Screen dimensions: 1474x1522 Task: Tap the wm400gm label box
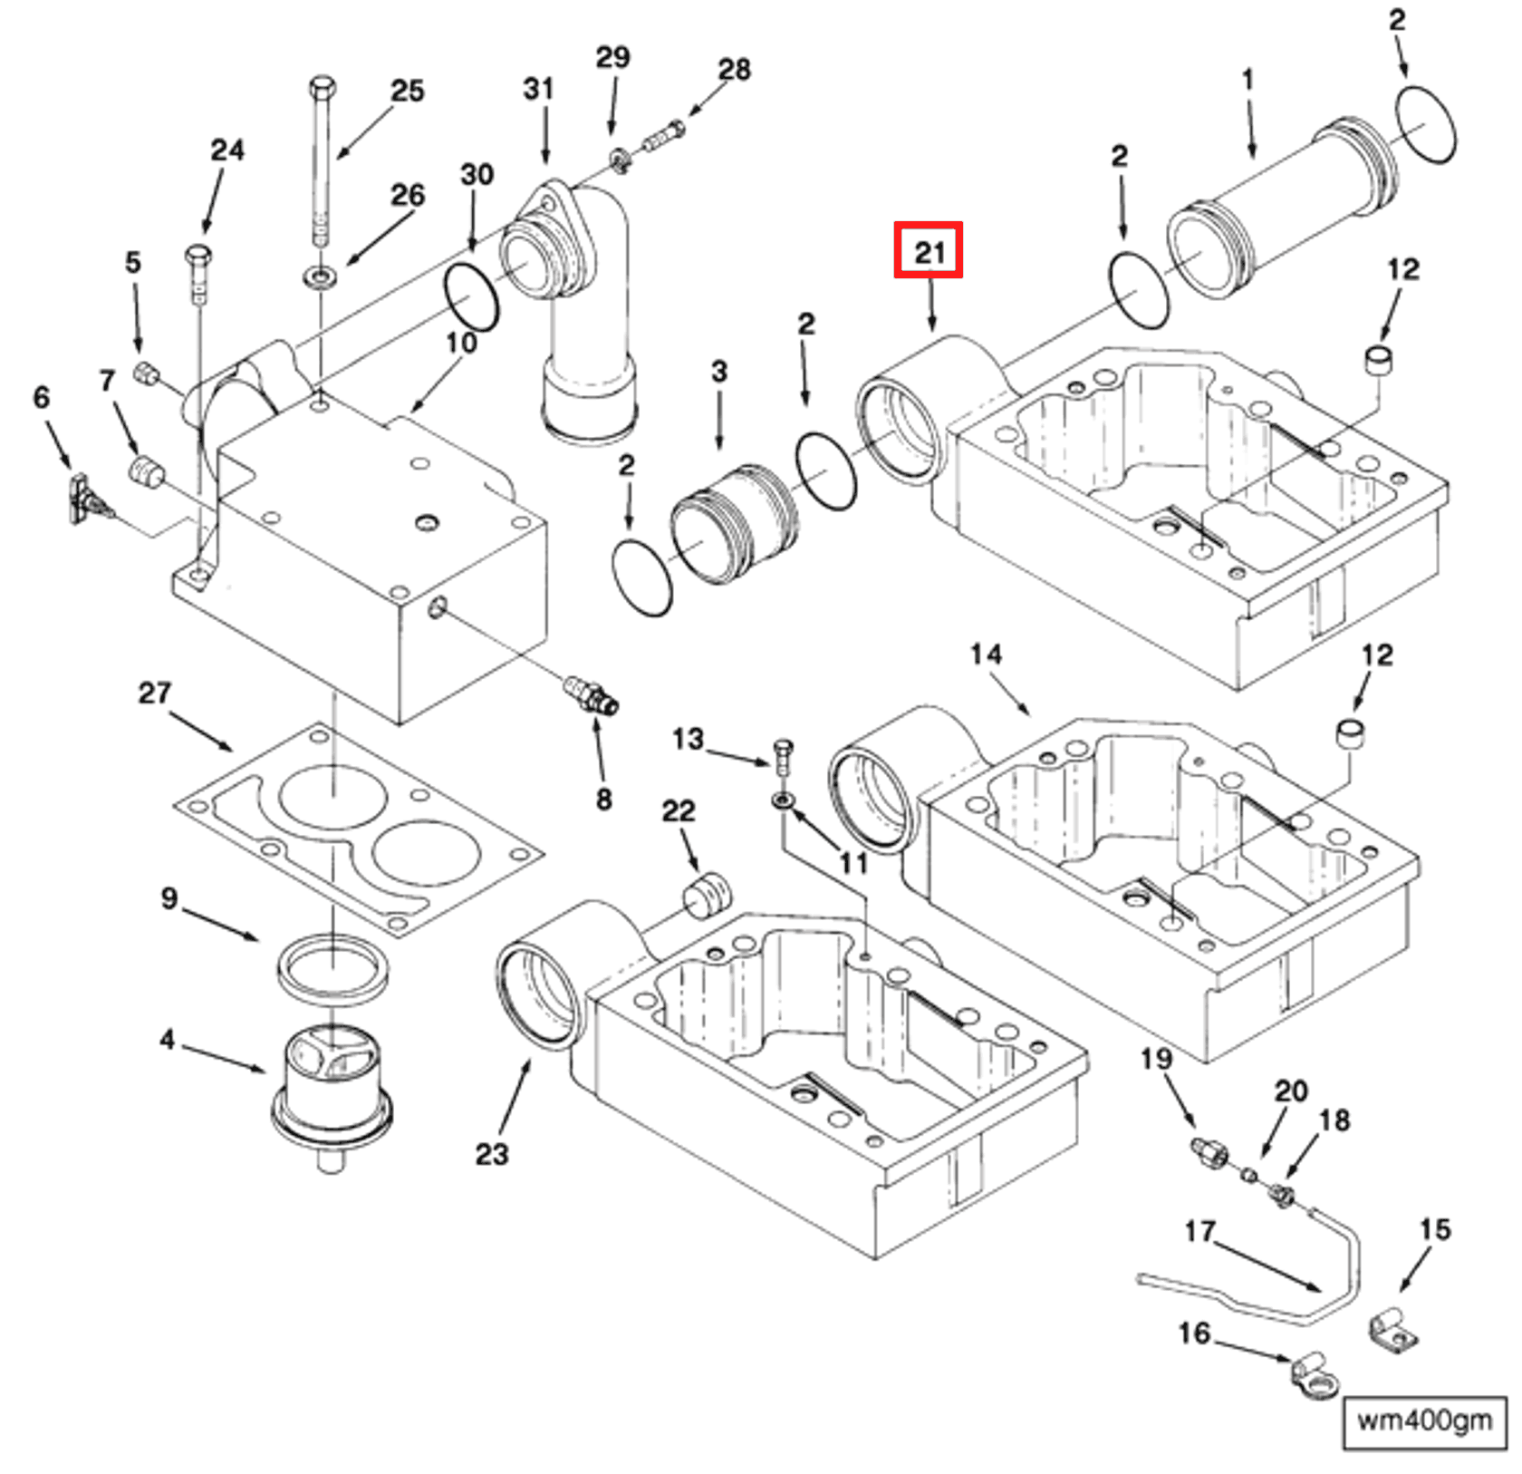pyautogui.click(x=1423, y=1420)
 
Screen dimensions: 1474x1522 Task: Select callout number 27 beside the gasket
pyautogui.click(x=154, y=693)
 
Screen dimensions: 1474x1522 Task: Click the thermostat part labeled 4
pyautogui.click(x=332, y=1092)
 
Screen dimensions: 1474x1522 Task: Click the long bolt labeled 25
pyautogui.click(x=322, y=163)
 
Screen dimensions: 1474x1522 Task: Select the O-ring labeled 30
pyautogui.click(x=471, y=296)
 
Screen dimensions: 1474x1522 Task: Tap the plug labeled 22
pyautogui.click(x=707, y=895)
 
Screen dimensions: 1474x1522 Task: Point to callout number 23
pyautogui.click(x=492, y=1154)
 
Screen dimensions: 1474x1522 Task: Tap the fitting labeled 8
pyautogui.click(x=591, y=696)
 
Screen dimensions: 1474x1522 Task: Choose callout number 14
pyautogui.click(x=986, y=655)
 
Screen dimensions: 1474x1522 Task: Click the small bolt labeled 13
pyautogui.click(x=784, y=754)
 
